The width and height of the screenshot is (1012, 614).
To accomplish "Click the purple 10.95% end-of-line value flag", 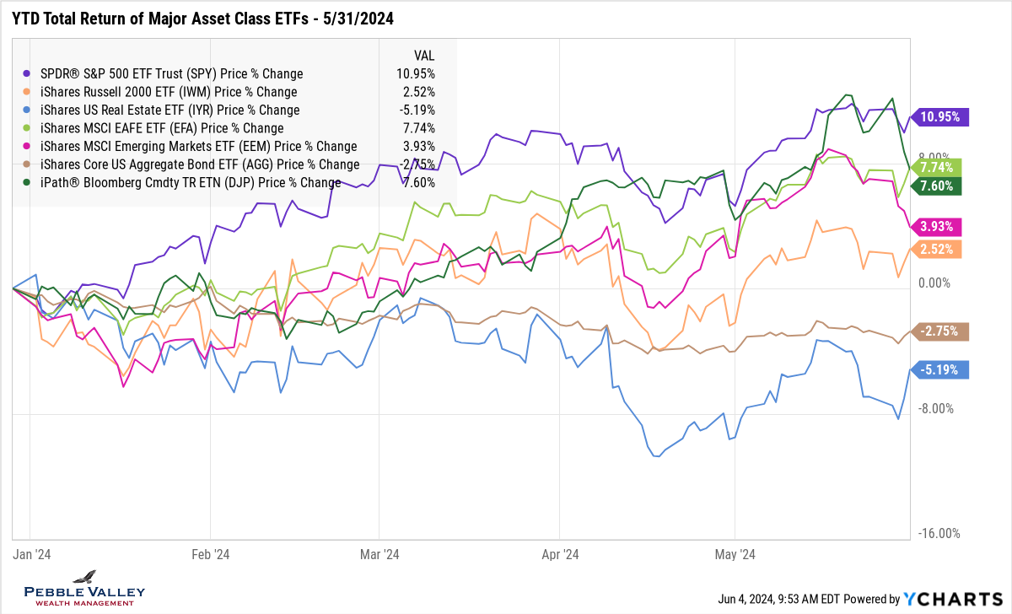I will [x=942, y=117].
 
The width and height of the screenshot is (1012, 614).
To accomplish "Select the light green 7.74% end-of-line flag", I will [x=942, y=168].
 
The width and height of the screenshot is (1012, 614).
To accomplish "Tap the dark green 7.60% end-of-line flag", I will [x=942, y=186].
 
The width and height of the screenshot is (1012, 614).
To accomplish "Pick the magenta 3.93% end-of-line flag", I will [x=942, y=226].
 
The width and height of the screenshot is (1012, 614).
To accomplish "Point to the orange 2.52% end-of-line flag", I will [x=942, y=249].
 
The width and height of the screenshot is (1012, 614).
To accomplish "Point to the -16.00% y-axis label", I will [x=939, y=533].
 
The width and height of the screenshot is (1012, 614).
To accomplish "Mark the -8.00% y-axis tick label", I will [x=936, y=408].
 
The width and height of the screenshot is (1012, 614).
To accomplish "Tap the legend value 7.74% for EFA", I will [x=419, y=128].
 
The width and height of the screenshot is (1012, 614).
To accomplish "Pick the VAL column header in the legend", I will [x=423, y=55].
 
